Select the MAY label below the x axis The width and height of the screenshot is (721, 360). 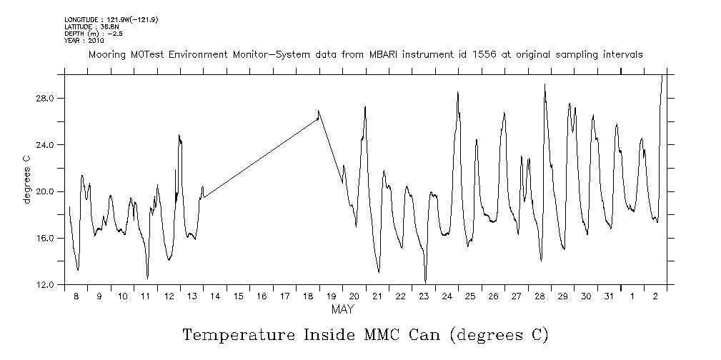(x=342, y=310)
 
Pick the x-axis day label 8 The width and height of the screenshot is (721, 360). (x=76, y=296)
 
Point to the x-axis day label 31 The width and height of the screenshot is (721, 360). (x=608, y=296)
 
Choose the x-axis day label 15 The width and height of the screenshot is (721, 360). (x=238, y=296)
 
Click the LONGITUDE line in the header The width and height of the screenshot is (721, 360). (x=111, y=19)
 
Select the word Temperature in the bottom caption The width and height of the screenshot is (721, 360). (x=229, y=335)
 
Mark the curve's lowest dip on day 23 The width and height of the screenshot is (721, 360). (x=425, y=281)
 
